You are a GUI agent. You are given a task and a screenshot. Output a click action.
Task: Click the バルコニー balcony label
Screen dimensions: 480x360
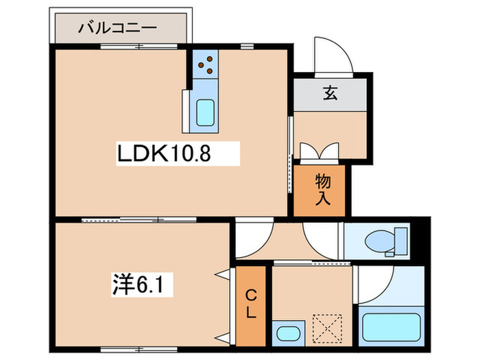point(118,29)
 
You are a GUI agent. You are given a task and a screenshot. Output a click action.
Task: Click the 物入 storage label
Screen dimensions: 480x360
point(324,190)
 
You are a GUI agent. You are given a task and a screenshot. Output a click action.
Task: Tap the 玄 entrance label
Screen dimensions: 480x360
point(331,95)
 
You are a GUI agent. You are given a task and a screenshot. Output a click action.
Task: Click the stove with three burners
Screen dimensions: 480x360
point(204,65)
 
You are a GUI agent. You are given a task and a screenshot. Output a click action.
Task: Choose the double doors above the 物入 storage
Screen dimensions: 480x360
point(320,151)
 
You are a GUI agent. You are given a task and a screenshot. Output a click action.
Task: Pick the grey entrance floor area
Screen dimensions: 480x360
point(331,95)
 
